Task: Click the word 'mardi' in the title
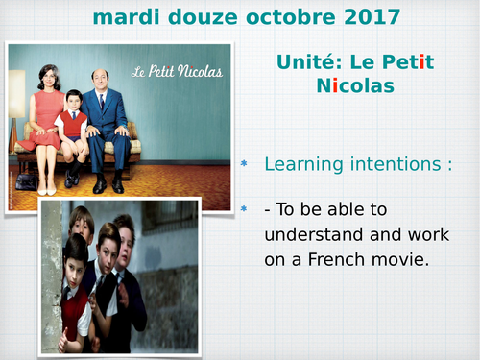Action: tap(125, 16)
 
